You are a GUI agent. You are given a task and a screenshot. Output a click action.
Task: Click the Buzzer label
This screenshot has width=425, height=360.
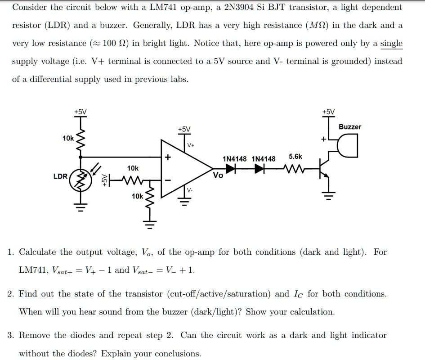(x=350, y=127)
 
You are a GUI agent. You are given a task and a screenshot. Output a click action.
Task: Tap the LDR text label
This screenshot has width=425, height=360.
(x=60, y=176)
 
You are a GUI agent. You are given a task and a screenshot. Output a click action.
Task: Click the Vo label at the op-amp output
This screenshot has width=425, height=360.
(x=218, y=175)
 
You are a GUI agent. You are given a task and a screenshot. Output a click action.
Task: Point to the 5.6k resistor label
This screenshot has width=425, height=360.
(x=295, y=157)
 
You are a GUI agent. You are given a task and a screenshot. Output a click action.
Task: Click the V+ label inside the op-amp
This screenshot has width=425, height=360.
(x=191, y=145)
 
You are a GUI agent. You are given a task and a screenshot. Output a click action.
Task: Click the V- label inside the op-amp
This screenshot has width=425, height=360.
(x=190, y=190)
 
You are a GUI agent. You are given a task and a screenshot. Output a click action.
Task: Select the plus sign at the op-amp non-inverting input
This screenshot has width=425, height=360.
(x=168, y=157)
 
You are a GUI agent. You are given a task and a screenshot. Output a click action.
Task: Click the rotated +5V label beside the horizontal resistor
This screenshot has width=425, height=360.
(x=104, y=180)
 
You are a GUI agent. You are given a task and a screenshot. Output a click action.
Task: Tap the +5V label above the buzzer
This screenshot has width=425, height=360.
(x=329, y=112)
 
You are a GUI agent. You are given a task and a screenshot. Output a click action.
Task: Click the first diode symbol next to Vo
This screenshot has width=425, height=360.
(x=231, y=169)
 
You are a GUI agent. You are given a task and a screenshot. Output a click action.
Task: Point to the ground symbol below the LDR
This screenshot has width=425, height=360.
(x=81, y=208)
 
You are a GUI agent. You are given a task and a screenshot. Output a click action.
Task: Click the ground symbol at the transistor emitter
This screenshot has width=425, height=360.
(x=329, y=196)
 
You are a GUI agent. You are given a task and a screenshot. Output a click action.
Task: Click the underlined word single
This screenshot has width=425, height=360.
(x=391, y=43)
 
